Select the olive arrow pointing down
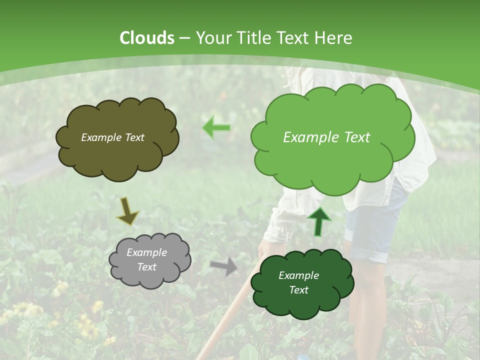[x=127, y=210]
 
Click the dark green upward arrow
[x=318, y=221]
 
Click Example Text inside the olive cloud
[x=112, y=137]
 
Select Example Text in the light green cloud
[x=326, y=137]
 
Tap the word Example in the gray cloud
[x=146, y=252]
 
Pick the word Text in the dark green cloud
[x=298, y=290]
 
